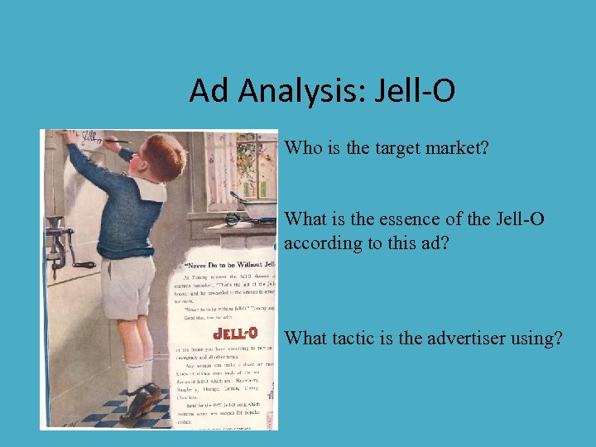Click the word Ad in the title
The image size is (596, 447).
click(x=209, y=90)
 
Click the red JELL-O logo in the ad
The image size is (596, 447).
click(x=236, y=333)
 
